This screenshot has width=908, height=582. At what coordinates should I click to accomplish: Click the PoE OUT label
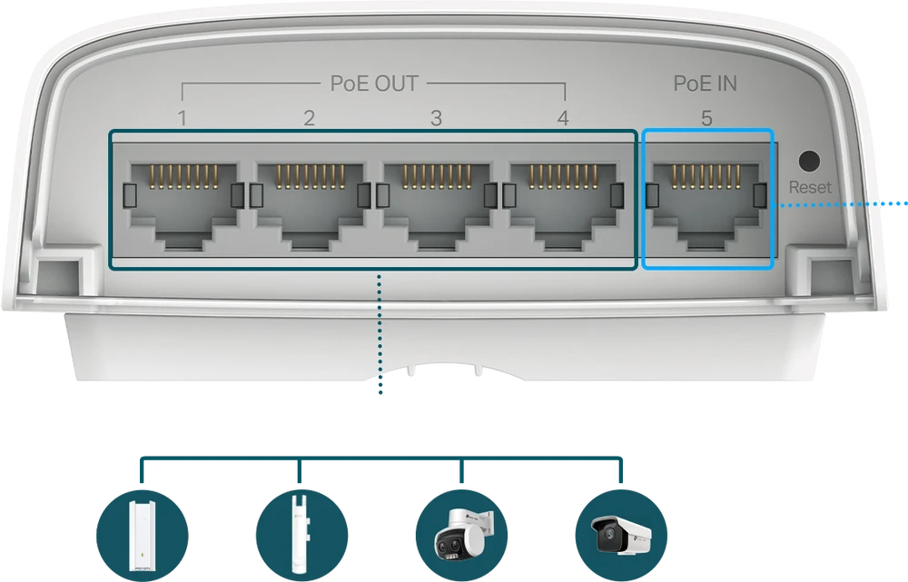coord(374,84)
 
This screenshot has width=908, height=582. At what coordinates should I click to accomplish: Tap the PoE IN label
coord(706,84)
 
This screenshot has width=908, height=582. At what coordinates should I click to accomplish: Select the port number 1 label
coord(183,118)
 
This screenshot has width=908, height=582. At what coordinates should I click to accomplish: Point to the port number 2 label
coord(310,118)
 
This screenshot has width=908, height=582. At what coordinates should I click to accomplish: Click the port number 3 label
coord(436,118)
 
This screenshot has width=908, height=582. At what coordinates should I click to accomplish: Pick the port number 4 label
coord(563,118)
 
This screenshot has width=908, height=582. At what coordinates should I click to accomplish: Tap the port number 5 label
coord(706,118)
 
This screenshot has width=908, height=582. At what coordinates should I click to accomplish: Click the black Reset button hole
coord(809,161)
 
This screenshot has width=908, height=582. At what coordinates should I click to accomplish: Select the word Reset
coord(810,187)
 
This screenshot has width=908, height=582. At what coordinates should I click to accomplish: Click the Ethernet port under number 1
coord(184,206)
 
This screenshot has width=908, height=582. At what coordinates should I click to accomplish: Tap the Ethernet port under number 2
coord(311,206)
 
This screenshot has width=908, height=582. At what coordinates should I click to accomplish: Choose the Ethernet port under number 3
coord(438,206)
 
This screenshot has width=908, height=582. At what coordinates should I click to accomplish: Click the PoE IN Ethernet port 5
coord(706,206)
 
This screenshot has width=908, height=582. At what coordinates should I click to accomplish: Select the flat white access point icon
coord(142,536)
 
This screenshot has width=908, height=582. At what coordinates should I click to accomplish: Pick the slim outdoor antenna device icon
coord(301,536)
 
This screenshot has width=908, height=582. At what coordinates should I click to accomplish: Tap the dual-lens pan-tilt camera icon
coord(461,536)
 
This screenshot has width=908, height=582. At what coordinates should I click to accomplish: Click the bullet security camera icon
coord(621,536)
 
